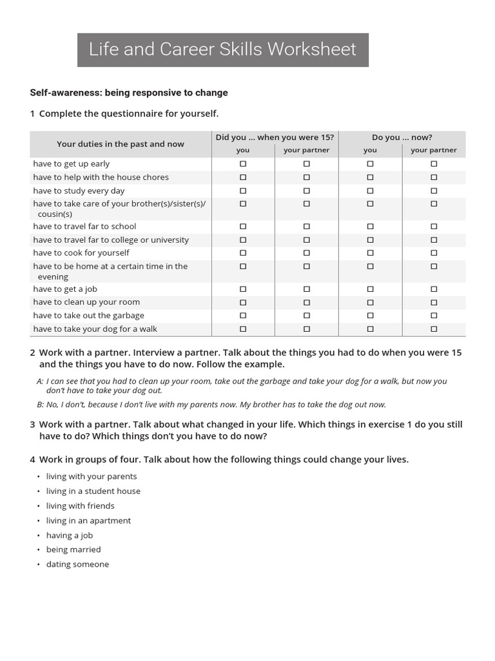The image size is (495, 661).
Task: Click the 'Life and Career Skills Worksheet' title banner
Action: [222, 50]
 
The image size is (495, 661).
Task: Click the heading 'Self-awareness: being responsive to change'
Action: [129, 92]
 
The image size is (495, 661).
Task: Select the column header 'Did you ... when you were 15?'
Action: [275, 137]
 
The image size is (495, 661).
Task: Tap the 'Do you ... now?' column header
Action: [402, 137]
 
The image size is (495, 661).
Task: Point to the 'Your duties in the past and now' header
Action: [121, 144]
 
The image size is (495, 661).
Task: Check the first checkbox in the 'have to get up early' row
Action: [243, 164]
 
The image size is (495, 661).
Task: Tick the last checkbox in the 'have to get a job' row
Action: [434, 289]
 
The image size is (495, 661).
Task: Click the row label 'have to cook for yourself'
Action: [81, 252]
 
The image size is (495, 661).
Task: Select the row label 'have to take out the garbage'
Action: [89, 315]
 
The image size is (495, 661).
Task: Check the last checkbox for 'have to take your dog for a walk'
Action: [434, 329]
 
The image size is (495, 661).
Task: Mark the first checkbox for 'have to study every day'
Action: [243, 190]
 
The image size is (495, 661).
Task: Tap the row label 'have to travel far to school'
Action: [85, 226]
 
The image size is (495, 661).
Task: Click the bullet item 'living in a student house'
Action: [93, 491]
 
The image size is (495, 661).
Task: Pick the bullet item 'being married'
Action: [73, 549]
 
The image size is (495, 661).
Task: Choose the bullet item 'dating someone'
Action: [77, 564]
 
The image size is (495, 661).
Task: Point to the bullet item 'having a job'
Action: [70, 535]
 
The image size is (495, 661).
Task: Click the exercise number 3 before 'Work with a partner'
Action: [32, 425]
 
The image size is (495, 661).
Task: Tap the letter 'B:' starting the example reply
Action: [41, 405]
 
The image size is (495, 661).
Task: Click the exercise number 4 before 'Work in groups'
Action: [32, 460]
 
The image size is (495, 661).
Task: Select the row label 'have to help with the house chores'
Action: [101, 177]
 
